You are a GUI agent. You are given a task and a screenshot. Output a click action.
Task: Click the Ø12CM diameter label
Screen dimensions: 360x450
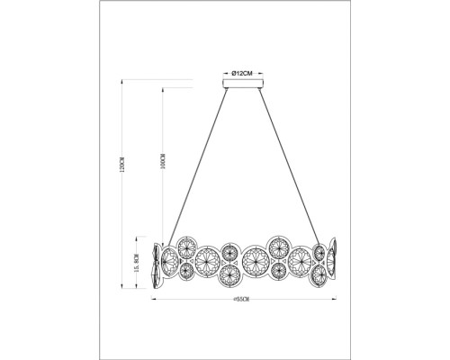point(240,72)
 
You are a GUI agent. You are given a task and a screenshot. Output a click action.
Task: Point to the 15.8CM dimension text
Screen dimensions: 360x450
point(135,266)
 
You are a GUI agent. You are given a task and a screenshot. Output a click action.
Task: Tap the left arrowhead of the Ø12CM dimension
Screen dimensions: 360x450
point(222,72)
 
